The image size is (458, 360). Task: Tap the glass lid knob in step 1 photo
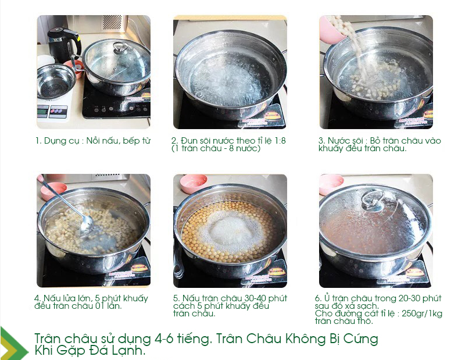[x=120, y=48]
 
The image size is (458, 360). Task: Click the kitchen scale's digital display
[x=42, y=111]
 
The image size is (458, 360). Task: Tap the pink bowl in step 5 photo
[x=194, y=183]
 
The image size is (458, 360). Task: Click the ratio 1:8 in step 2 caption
[x=280, y=141]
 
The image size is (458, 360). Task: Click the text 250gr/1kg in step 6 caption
[x=422, y=313]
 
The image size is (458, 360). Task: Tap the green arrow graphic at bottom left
[x=14, y=343]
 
